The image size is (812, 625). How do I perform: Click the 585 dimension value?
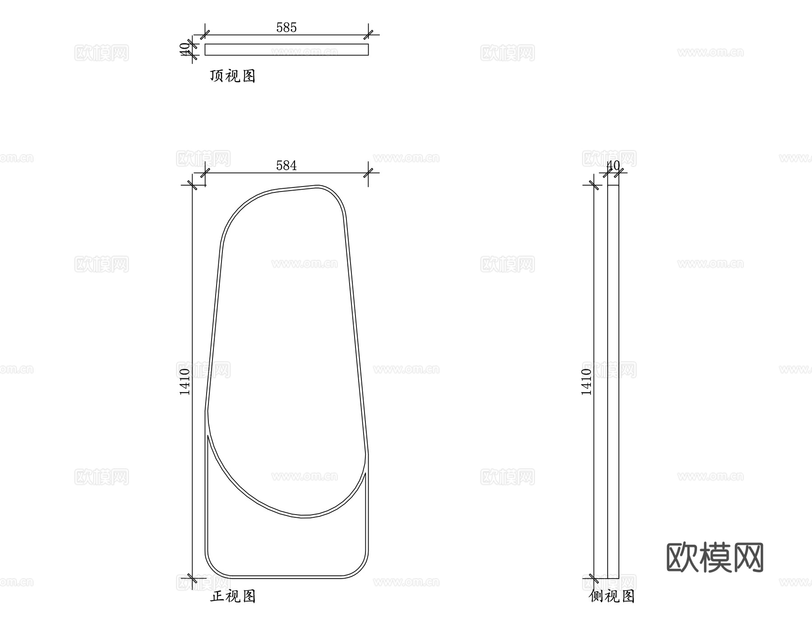click(286, 27)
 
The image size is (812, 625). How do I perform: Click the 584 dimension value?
click(286, 166)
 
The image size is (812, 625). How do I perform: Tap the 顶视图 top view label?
click(232, 76)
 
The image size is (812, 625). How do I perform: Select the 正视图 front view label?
click(233, 596)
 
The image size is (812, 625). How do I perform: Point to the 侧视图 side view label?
click(612, 596)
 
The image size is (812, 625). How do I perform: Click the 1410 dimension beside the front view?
click(185, 382)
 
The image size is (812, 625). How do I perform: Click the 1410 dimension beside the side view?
click(586, 382)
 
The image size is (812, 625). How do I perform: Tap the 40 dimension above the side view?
click(613, 165)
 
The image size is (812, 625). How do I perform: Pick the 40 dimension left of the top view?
click(185, 49)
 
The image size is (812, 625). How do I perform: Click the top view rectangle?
click(286, 50)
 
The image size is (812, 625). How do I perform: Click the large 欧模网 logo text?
click(715, 558)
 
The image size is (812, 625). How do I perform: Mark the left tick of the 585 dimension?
click(205, 35)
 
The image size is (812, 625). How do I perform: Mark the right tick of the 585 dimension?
click(369, 35)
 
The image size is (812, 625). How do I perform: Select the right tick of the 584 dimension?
click(369, 173)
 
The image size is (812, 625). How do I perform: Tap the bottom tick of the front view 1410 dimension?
click(193, 578)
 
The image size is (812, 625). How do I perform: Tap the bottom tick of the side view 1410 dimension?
click(594, 578)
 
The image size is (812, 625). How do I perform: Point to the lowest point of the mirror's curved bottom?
click(305, 516)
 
